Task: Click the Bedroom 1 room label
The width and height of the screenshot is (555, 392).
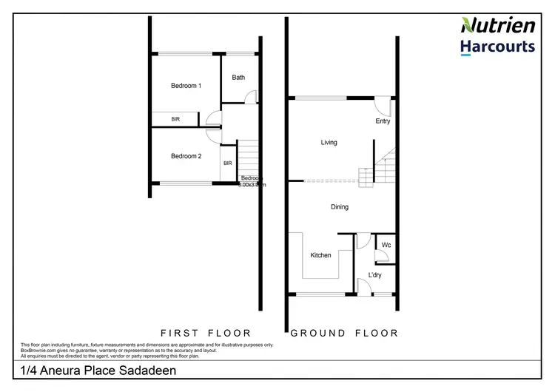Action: [x=186, y=86]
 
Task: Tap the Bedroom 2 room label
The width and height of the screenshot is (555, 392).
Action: [x=186, y=156]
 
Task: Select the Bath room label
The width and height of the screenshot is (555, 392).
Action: [x=238, y=77]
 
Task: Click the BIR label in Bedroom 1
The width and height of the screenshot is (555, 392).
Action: [x=175, y=119]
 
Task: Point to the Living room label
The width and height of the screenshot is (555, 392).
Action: [x=329, y=142]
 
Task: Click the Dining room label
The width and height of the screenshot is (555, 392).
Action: [x=340, y=207]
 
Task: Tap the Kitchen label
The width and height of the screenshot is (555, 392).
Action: [x=320, y=255]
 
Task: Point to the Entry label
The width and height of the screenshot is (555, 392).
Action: [x=383, y=121]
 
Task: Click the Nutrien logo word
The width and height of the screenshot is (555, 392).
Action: [x=497, y=26]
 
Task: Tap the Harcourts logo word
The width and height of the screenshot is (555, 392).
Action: [x=497, y=47]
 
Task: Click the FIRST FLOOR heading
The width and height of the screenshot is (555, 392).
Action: [x=206, y=333]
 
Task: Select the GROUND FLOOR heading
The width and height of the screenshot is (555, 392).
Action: [x=344, y=333]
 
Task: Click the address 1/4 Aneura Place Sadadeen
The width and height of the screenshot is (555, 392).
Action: [x=98, y=370]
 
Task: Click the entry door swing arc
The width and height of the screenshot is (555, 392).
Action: [x=383, y=106]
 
